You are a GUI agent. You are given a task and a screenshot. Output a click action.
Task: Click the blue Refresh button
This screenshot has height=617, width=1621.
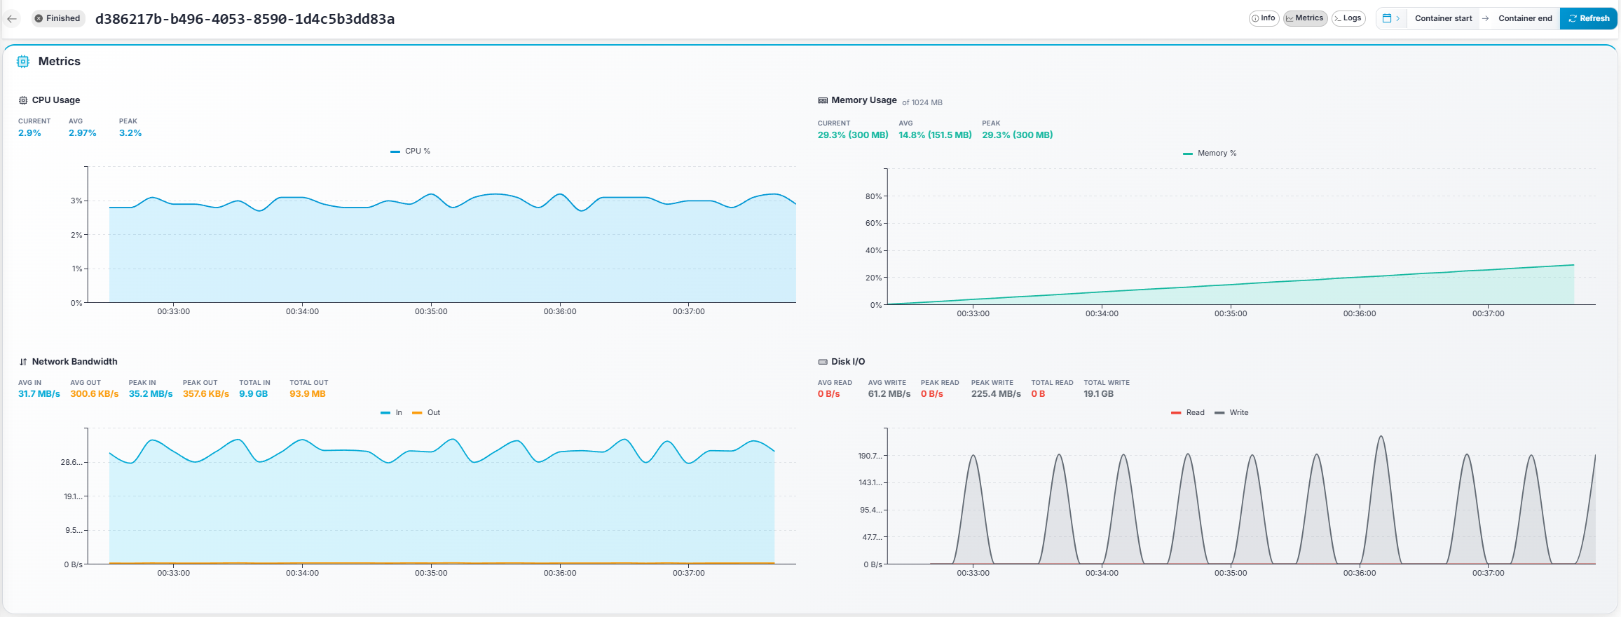coord(1588,18)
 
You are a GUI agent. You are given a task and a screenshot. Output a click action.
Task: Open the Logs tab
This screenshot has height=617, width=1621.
coord(1348,18)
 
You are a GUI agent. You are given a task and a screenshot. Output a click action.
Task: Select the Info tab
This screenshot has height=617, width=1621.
coord(1264,18)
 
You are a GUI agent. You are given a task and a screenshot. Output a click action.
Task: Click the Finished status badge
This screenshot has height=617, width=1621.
coord(57,18)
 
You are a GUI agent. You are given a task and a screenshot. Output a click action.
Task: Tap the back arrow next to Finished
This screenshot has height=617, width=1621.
coord(12,19)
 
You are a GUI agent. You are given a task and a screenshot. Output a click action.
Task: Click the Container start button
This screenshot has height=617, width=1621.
coord(1443,18)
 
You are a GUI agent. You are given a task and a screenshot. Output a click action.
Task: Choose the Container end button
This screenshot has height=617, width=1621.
coord(1525,18)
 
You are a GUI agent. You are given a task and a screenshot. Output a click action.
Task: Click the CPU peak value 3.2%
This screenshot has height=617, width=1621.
coord(130,133)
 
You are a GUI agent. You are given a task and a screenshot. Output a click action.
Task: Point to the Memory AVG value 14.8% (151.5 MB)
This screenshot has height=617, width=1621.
coord(935,135)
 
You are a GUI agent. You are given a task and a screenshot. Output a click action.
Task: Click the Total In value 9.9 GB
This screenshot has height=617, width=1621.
coord(253,393)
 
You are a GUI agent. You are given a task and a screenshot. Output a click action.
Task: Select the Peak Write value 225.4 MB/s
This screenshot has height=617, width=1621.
coord(996,393)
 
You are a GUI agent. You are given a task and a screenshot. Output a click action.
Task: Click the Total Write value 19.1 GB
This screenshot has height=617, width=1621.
coord(1098,393)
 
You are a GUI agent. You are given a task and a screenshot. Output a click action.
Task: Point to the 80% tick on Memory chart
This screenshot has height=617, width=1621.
coord(873,196)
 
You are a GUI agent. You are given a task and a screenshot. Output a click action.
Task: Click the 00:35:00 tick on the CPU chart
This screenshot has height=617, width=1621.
coord(430,311)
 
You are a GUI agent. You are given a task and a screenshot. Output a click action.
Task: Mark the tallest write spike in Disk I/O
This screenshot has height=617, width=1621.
coord(1381,438)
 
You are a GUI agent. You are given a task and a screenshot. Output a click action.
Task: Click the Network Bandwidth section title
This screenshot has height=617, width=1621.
coord(74,362)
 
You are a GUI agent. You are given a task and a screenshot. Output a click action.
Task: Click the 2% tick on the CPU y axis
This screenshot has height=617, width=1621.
coord(76,235)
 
